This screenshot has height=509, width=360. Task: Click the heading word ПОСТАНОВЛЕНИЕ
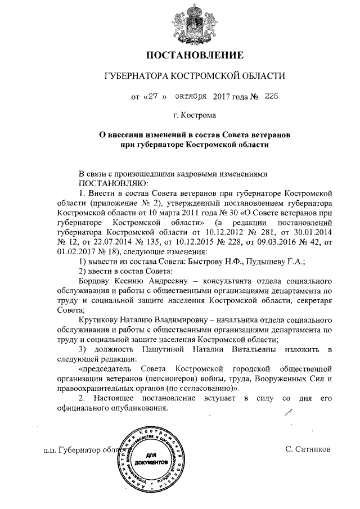point(195,55)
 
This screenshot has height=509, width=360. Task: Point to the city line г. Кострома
point(195,116)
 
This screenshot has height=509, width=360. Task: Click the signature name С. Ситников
point(310,450)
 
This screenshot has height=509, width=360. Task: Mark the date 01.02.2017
point(74,251)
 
